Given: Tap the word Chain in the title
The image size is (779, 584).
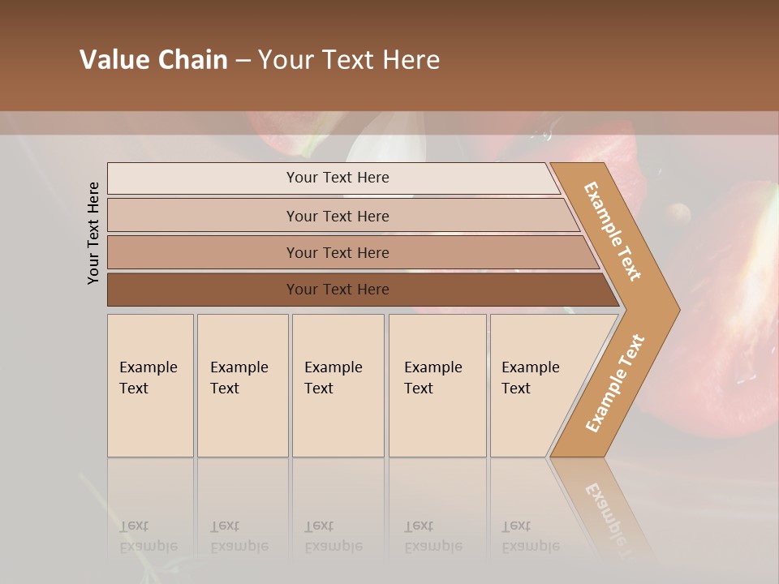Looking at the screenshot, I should click(193, 60).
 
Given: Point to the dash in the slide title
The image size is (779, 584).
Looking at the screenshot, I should click(243, 61).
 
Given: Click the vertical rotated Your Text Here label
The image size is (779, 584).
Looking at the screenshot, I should click(93, 234).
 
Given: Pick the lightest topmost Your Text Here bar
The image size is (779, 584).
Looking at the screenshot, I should click(337, 178).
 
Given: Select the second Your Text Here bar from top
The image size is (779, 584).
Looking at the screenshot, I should click(337, 216).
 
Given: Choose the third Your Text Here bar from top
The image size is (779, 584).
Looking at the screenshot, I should click(337, 252).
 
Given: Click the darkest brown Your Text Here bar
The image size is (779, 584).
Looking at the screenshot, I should click(337, 290).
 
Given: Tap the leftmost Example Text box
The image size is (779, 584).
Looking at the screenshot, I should click(149, 385).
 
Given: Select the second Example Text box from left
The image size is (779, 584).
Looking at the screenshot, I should click(242, 385).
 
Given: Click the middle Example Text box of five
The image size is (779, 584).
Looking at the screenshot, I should click(338, 385).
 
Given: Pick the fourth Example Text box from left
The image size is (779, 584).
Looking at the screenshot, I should click(437, 385).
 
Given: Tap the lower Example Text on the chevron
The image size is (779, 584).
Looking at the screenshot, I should click(615, 383).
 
